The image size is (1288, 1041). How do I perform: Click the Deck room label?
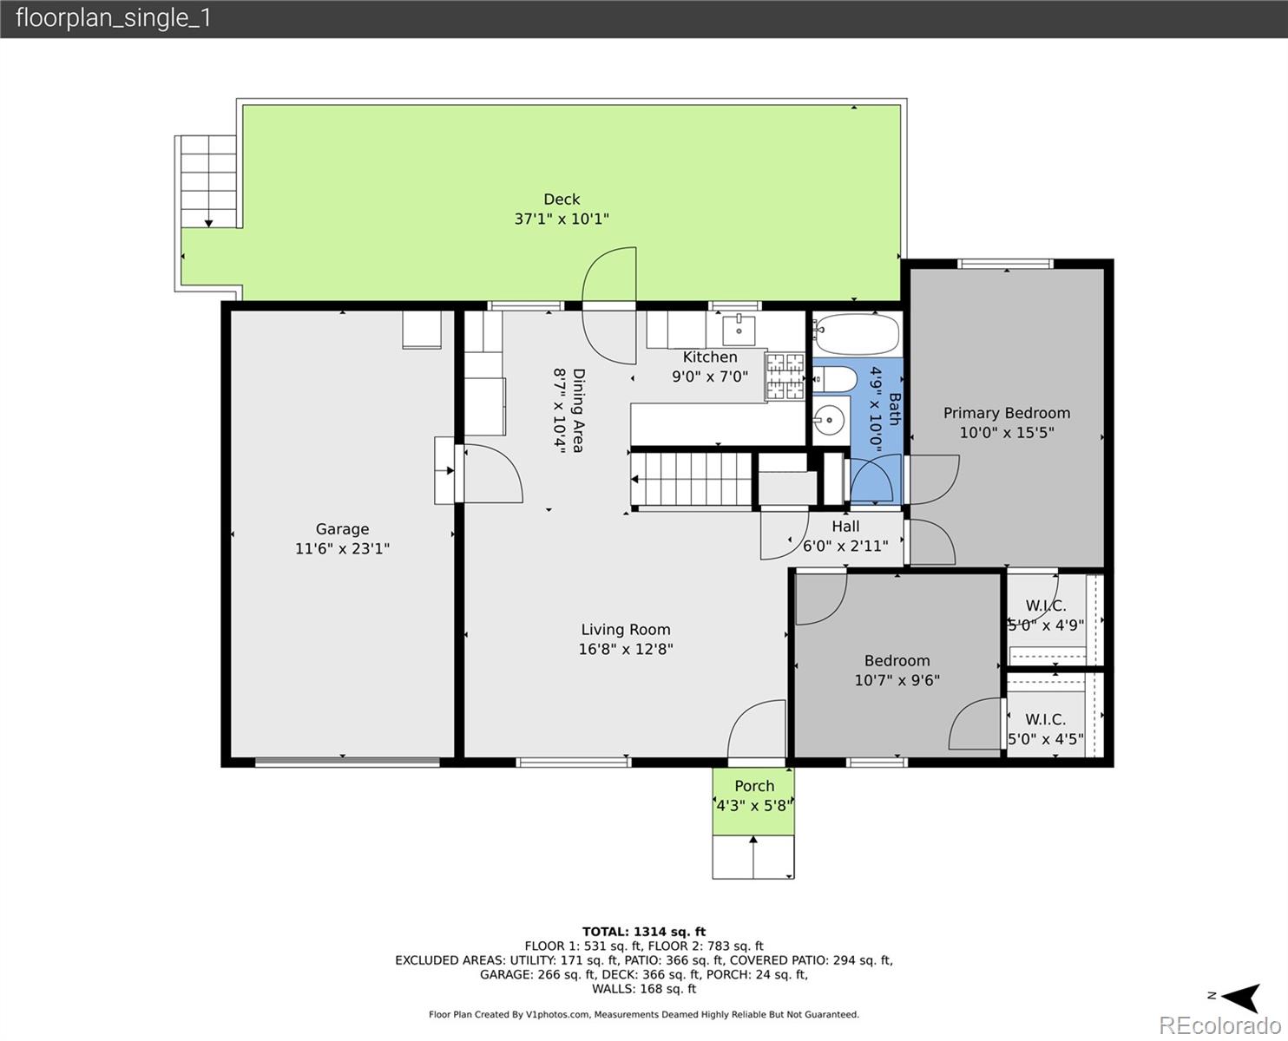pyautogui.click(x=562, y=199)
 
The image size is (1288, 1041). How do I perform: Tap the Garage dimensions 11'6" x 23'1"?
pyautogui.click(x=342, y=548)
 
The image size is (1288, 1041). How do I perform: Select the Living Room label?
pyautogui.click(x=626, y=630)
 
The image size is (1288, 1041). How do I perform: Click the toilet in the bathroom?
pyautogui.click(x=834, y=380)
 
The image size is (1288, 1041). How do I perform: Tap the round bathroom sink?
pyautogui.click(x=828, y=419)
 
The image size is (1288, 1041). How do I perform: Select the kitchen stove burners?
pyautogui.click(x=785, y=376)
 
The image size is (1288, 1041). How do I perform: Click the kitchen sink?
pyautogui.click(x=739, y=330)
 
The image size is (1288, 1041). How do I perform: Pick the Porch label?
pyautogui.click(x=754, y=786)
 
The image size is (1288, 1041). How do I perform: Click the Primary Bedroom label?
pyautogui.click(x=1007, y=413)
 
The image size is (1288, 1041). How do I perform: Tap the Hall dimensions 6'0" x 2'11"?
pyautogui.click(x=845, y=547)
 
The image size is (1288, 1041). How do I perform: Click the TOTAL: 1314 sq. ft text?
pyautogui.click(x=644, y=932)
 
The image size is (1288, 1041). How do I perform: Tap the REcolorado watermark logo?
pyautogui.click(x=1219, y=1025)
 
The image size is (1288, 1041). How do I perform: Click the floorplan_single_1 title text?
pyautogui.click(x=114, y=18)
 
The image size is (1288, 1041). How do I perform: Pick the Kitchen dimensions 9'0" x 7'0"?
pyautogui.click(x=710, y=376)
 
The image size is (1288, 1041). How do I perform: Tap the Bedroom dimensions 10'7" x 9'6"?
pyautogui.click(x=897, y=680)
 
